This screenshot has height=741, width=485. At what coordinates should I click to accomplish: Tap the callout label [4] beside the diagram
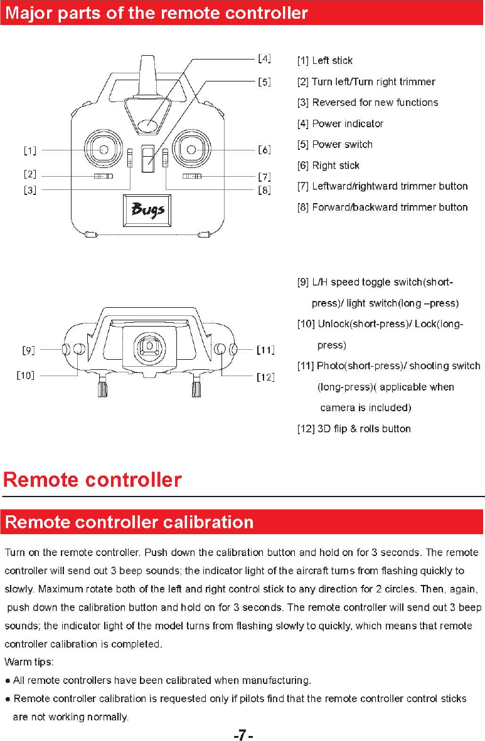pyautogui.click(x=264, y=59)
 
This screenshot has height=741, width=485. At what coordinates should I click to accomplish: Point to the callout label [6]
pyautogui.click(x=264, y=150)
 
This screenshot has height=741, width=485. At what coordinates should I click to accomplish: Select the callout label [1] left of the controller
pyautogui.click(x=29, y=150)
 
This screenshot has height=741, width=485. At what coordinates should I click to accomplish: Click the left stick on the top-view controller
pyautogui.click(x=104, y=150)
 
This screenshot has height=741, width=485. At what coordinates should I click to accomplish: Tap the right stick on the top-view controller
pyautogui.click(x=191, y=150)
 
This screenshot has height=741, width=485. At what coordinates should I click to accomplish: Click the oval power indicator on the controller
pyautogui.click(x=148, y=125)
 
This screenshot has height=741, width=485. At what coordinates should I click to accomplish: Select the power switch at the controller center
pyautogui.click(x=148, y=159)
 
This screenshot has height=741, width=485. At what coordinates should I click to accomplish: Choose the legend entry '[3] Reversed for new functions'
pyautogui.click(x=367, y=102)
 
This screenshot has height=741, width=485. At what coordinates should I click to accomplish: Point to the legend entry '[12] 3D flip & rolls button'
pyautogui.click(x=354, y=429)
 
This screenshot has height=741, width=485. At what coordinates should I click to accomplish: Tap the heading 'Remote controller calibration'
pyautogui.click(x=129, y=522)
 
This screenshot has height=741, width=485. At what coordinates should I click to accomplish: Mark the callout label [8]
pyautogui.click(x=264, y=190)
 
